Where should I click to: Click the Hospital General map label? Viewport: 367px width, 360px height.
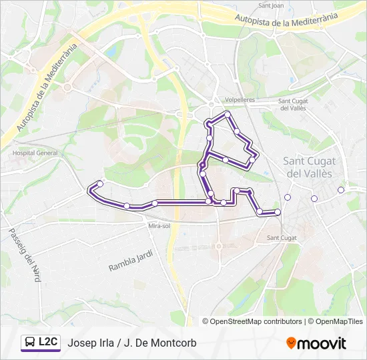(35, 153)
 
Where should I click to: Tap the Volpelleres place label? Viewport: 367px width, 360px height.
(240, 100)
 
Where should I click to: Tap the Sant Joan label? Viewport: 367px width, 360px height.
(271, 6)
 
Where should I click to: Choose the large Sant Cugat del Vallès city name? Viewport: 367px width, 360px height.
(310, 167)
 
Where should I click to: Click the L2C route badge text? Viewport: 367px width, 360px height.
(48, 342)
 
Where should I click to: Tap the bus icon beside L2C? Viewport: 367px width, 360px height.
(31, 343)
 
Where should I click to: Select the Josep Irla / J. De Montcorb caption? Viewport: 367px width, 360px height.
(132, 343)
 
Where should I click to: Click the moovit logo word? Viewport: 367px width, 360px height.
(322, 343)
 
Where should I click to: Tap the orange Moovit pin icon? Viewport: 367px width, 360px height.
(291, 343)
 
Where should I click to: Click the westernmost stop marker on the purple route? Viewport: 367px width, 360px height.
(100, 183)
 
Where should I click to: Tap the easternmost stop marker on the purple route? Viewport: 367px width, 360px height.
(278, 212)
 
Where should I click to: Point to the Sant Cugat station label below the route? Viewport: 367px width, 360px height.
(282, 238)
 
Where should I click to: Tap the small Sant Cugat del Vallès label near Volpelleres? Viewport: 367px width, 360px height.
(292, 104)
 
